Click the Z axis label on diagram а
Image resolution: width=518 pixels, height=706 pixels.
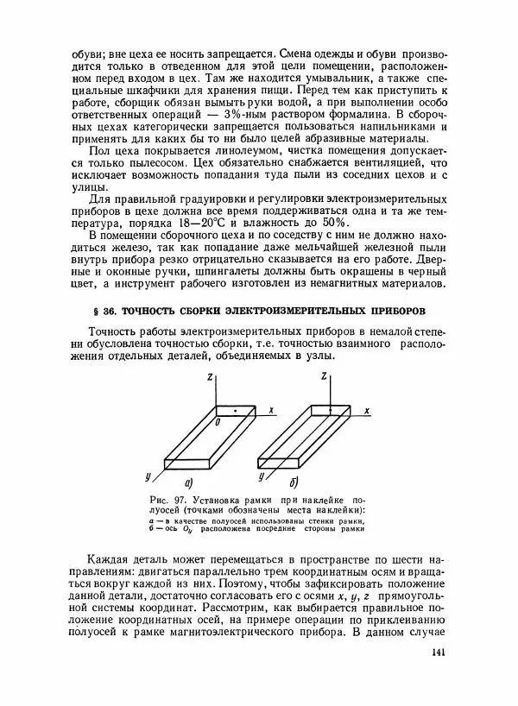211,377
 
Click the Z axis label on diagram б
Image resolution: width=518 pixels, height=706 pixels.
323,377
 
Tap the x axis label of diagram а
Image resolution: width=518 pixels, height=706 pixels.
270,412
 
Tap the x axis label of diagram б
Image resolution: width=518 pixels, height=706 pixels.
368,412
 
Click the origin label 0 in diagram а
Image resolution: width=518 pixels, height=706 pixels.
217,422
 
